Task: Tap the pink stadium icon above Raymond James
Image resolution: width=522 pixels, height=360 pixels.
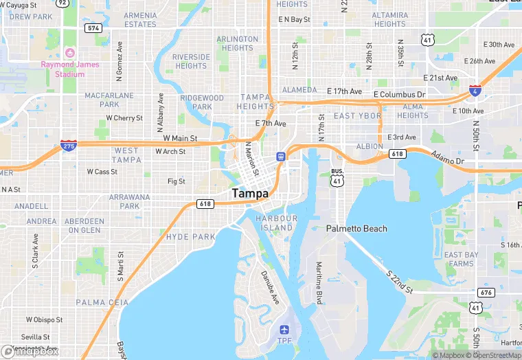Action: click(69, 53)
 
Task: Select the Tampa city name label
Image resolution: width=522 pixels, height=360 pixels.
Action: click(250, 194)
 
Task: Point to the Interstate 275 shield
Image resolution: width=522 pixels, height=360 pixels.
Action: click(69, 146)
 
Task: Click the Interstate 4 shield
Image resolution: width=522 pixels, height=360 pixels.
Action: click(475, 91)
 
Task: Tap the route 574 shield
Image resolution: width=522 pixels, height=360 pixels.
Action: click(93, 28)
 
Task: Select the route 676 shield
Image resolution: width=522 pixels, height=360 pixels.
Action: click(486, 293)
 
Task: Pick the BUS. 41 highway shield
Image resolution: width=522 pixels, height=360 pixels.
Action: click(337, 177)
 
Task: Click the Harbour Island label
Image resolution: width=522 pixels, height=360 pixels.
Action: click(277, 223)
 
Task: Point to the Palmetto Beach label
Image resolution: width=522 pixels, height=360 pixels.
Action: click(356, 229)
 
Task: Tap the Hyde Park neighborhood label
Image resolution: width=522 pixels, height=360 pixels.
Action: click(191, 237)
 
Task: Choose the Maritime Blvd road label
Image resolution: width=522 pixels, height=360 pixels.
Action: click(319, 284)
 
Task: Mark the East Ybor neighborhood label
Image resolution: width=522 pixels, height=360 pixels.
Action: click(357, 116)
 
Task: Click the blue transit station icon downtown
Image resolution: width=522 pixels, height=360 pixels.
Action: click(280, 157)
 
